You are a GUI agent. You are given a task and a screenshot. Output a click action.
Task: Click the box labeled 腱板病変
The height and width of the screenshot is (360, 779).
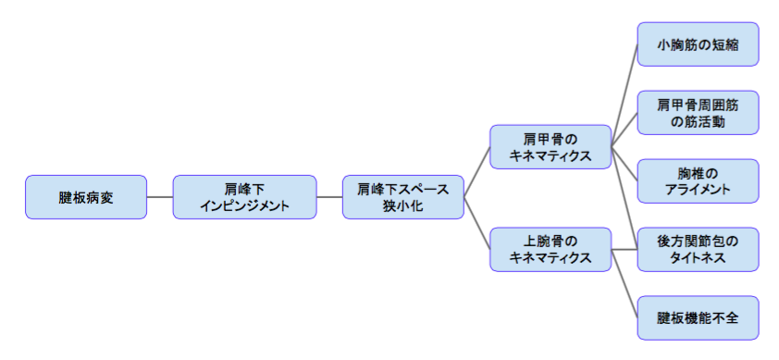pyautogui.click(x=86, y=197)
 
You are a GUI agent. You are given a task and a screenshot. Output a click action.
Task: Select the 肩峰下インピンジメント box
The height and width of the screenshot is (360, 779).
pyautogui.click(x=244, y=197)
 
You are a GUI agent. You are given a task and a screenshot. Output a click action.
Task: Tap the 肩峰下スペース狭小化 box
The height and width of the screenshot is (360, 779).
pyautogui.click(x=402, y=197)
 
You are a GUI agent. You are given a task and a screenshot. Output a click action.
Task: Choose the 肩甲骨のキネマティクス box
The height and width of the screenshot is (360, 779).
pyautogui.click(x=550, y=147)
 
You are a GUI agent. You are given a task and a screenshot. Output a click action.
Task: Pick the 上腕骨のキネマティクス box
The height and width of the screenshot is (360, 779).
pyautogui.click(x=550, y=249)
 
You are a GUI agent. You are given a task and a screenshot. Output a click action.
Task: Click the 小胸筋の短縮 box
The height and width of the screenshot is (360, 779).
pyautogui.click(x=698, y=43)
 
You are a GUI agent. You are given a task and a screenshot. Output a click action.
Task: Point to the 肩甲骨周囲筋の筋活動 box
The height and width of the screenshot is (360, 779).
pyautogui.click(x=698, y=113)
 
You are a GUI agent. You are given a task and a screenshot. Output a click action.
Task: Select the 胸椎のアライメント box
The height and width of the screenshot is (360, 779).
pyautogui.click(x=698, y=181)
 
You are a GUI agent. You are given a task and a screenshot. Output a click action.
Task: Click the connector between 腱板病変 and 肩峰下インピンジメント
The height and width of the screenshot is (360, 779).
pyautogui.click(x=159, y=197)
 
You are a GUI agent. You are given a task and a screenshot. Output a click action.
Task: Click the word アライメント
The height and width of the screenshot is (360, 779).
pyautogui.click(x=698, y=190)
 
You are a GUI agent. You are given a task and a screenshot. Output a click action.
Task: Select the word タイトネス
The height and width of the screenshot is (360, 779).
pyautogui.click(x=698, y=258)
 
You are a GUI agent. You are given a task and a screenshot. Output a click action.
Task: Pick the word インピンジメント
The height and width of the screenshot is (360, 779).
pyautogui.click(x=244, y=205)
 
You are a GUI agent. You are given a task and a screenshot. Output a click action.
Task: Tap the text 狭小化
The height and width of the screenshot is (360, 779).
pyautogui.click(x=402, y=206)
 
